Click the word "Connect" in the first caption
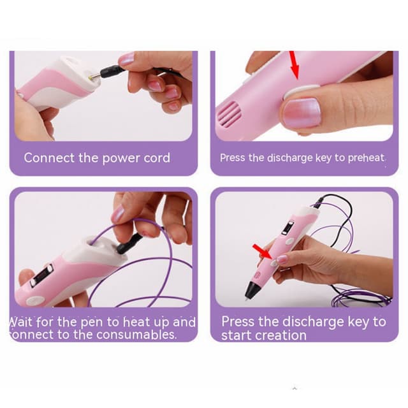tap(49, 157)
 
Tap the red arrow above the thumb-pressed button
tap(295, 65)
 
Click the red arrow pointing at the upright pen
tap(263, 252)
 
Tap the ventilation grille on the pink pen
tap(229, 113)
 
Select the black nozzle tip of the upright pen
tap(251, 290)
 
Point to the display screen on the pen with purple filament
tap(41, 275)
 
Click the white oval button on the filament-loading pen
tap(34, 300)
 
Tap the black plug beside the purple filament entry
tap(129, 244)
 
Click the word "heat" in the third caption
tap(136, 322)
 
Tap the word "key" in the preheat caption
tap(324, 158)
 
